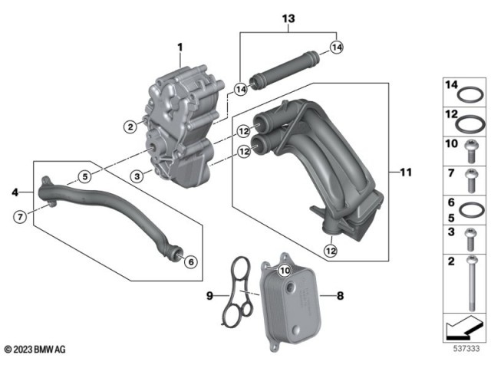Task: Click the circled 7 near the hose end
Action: [21, 217]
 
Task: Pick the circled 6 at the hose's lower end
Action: [190, 262]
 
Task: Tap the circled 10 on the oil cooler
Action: [285, 269]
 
